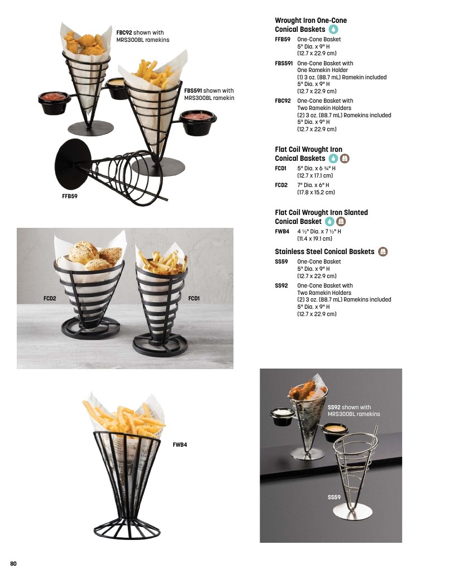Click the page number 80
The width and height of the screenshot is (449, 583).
pyautogui.click(x=13, y=563)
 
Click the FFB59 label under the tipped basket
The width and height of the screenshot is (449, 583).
pyautogui.click(x=70, y=197)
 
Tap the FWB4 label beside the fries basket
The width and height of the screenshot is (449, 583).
pyautogui.click(x=180, y=445)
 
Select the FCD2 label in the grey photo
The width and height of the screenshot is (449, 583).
pyautogui.click(x=50, y=298)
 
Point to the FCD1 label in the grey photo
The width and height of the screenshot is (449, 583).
pyautogui.click(x=194, y=298)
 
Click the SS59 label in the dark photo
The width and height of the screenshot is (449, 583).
pyautogui.click(x=334, y=497)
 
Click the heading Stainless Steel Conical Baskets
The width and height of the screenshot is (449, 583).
pyautogui.click(x=324, y=252)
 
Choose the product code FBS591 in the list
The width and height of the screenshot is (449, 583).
pyautogui.click(x=284, y=63)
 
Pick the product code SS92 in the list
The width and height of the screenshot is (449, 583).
pyautogui.click(x=281, y=285)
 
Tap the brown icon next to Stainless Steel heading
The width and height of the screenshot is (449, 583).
pyautogui.click(x=383, y=252)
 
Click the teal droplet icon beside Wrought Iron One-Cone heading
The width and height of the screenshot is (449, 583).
pyautogui.click(x=333, y=29)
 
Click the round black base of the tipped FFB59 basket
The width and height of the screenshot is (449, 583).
pyautogui.click(x=73, y=164)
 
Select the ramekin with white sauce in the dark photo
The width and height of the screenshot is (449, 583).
pyautogui.click(x=283, y=416)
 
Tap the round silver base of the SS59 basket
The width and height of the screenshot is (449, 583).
pyautogui.click(x=352, y=512)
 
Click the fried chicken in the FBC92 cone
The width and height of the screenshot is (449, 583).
pyautogui.click(x=84, y=43)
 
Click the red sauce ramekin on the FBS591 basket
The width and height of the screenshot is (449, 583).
pyautogui.click(x=198, y=122)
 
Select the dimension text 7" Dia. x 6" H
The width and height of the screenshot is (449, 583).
pyautogui.click(x=313, y=185)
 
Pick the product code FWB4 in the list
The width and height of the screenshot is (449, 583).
pyautogui.click(x=282, y=231)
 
